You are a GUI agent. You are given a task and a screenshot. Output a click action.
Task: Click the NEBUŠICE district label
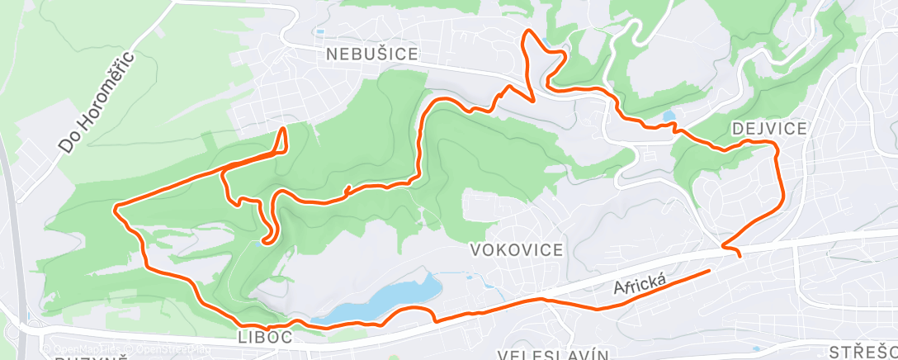[x=371, y=55]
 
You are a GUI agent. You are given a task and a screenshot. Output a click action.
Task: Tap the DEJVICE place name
[x=768, y=128]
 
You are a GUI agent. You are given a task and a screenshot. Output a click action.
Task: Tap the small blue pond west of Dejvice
[x=669, y=116]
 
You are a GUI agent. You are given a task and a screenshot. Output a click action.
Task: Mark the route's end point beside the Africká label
[x=709, y=270]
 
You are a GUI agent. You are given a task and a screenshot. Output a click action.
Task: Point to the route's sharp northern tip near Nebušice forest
[x=285, y=129]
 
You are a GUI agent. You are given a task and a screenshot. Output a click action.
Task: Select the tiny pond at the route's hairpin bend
[x=262, y=242]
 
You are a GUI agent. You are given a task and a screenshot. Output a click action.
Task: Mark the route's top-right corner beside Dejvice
[x=775, y=144]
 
